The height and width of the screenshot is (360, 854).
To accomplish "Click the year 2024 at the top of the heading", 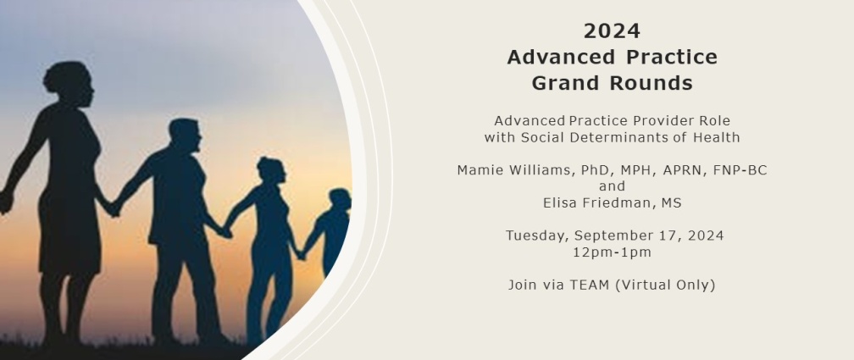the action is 612,31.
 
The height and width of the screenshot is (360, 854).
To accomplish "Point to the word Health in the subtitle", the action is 716,137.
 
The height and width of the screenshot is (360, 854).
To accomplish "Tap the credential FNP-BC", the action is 740,170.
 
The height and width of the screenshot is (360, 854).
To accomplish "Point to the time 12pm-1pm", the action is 613,252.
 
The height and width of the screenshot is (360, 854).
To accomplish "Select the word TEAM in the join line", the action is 590,285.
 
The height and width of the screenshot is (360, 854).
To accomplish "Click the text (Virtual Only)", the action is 665,285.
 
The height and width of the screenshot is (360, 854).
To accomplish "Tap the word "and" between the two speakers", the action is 613,186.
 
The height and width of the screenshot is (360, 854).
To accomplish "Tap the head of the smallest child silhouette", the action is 339,198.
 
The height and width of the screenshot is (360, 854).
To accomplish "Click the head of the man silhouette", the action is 185,135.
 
